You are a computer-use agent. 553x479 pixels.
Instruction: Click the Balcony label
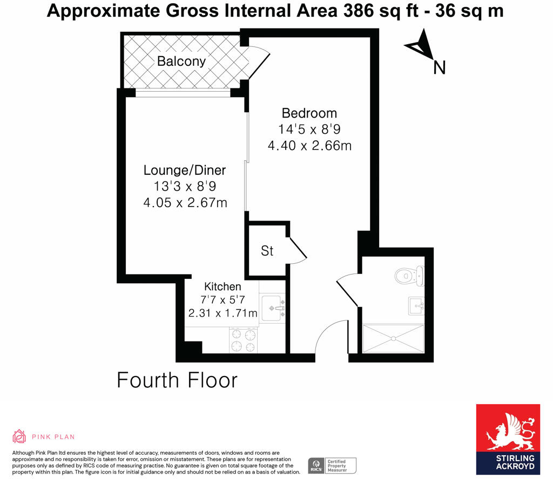(x=181, y=61)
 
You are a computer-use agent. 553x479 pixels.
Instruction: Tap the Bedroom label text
(x=309, y=113)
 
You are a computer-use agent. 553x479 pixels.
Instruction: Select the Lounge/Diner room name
(x=184, y=170)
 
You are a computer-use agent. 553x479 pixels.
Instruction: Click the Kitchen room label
(x=222, y=286)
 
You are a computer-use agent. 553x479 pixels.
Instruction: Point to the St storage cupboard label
(x=267, y=251)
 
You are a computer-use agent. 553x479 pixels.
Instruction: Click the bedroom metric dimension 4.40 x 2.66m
(x=309, y=146)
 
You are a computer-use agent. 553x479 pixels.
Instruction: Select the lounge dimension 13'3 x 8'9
(x=184, y=187)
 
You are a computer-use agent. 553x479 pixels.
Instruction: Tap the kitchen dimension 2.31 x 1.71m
(x=222, y=313)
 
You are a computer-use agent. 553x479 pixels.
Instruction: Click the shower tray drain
(x=394, y=338)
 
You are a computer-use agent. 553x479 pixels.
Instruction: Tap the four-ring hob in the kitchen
(x=244, y=340)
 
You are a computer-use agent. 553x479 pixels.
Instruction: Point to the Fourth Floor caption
(x=177, y=380)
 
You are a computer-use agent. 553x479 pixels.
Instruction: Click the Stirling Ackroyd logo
(x=507, y=439)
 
